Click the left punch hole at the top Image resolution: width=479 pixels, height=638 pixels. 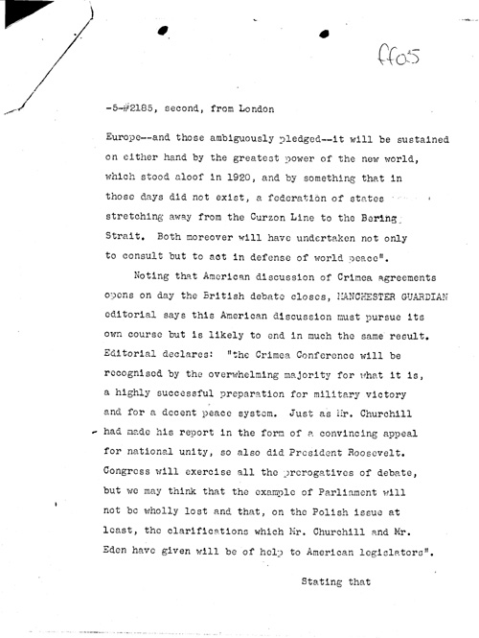click(163, 32)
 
